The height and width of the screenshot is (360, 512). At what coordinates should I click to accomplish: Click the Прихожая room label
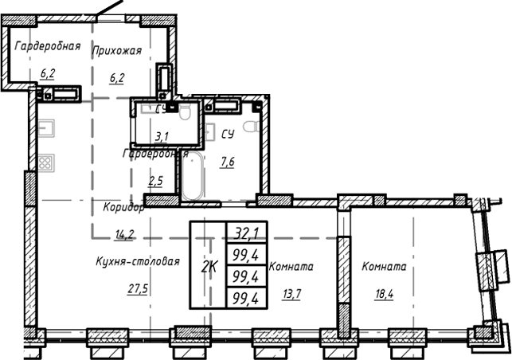[117, 50]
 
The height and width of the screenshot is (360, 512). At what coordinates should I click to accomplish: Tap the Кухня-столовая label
[137, 261]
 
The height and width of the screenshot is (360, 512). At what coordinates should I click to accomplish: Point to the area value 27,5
[138, 289]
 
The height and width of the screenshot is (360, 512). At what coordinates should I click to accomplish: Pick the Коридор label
[123, 207]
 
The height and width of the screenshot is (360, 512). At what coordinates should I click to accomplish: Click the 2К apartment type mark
[209, 265]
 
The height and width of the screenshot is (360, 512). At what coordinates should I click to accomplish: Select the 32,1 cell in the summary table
[248, 233]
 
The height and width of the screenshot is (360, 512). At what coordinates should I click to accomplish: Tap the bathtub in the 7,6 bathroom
[193, 177]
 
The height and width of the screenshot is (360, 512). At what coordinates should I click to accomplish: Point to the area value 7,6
[226, 162]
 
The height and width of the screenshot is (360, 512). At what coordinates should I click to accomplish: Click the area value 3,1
[162, 136]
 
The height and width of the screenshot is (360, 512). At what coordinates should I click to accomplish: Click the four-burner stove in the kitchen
[45, 162]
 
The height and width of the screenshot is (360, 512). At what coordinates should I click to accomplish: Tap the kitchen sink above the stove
[45, 127]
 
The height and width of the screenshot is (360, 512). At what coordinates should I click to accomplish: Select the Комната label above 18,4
[384, 268]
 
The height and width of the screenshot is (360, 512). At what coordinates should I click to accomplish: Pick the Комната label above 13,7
[291, 268]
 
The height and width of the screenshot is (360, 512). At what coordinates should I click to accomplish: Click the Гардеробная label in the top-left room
[48, 45]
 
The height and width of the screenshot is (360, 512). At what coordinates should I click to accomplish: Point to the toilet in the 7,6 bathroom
[248, 127]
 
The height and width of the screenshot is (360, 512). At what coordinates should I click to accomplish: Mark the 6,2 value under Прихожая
[117, 77]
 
